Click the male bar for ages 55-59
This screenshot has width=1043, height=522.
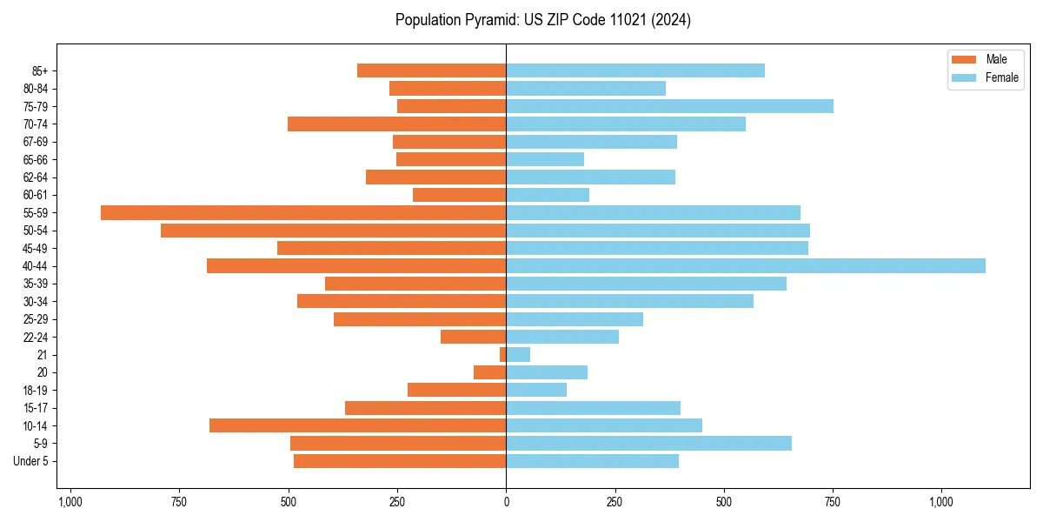[303, 212]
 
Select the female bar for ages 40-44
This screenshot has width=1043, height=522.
[746, 265]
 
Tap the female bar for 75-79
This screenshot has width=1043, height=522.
[669, 106]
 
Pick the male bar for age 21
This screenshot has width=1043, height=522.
[502, 354]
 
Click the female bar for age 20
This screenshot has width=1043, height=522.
[547, 372]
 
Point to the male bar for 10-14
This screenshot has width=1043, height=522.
[357, 425]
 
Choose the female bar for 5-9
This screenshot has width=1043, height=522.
[648, 443]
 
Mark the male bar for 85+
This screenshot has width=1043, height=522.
[431, 70]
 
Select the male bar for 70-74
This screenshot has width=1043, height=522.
[396, 124]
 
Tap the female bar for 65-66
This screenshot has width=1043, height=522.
[545, 159]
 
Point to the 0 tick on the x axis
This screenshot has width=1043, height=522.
[506, 502]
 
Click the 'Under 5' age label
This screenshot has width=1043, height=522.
[30, 461]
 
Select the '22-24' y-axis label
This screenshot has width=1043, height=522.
[36, 337]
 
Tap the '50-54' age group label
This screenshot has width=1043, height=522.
[36, 231]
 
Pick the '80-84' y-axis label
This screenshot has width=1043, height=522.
[36, 89]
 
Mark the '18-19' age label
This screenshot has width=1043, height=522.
[36, 390]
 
